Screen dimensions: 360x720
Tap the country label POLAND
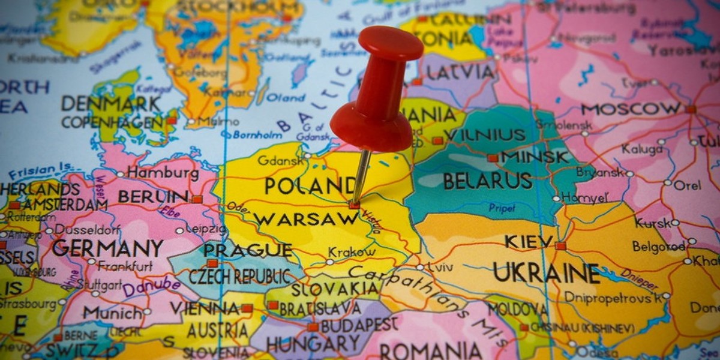[x=310, y=185]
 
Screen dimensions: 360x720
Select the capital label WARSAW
[x=306, y=219]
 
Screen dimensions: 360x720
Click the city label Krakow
[x=352, y=253]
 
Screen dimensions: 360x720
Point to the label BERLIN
[x=153, y=196]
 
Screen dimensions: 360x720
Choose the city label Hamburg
[x=163, y=173]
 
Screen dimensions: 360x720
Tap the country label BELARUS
[x=487, y=180]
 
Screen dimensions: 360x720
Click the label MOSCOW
[x=631, y=109]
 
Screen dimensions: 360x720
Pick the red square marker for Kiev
[x=560, y=246]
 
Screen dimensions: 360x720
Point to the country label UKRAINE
[x=546, y=274]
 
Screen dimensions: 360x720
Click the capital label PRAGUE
[x=247, y=250]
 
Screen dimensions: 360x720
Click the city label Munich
[x=112, y=313]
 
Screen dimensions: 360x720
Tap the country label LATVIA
[x=460, y=72]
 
